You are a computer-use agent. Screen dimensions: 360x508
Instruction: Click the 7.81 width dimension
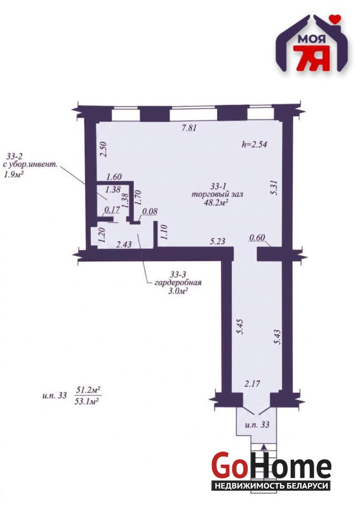pyautogui.click(x=189, y=128)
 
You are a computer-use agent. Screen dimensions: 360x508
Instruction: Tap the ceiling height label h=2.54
pyautogui.click(x=255, y=145)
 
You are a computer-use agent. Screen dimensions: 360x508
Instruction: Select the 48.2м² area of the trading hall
pyautogui.click(x=217, y=203)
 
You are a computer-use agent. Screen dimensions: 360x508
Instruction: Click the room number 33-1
pyautogui.click(x=218, y=186)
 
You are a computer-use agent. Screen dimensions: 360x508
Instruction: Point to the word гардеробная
pyautogui.click(x=178, y=283)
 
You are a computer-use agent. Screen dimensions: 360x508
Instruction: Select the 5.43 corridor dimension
pyautogui.click(x=277, y=337)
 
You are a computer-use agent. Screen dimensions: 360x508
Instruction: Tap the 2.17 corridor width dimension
pyautogui.click(x=252, y=384)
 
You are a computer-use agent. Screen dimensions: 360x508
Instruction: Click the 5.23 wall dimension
pyautogui.click(x=217, y=241)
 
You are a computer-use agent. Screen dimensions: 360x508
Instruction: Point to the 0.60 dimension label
pyautogui.click(x=257, y=237)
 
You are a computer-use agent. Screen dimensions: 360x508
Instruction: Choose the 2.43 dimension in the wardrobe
pyautogui.click(x=124, y=244)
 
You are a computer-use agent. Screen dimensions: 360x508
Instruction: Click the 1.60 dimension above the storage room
pyautogui.click(x=114, y=177)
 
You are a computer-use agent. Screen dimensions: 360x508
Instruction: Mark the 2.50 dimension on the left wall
pyautogui.click(x=103, y=149)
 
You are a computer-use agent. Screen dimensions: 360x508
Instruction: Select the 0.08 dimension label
pyautogui.click(x=150, y=211)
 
